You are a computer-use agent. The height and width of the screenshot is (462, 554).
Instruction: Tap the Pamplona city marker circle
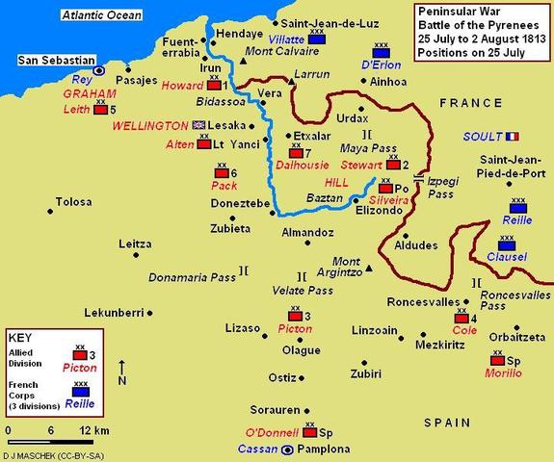(x=287, y=449)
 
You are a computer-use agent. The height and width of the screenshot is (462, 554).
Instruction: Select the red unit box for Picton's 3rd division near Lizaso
(x=292, y=315)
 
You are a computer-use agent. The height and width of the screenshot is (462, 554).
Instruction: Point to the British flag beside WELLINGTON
(x=199, y=124)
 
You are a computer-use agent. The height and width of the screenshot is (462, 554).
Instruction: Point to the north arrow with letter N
(x=122, y=373)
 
